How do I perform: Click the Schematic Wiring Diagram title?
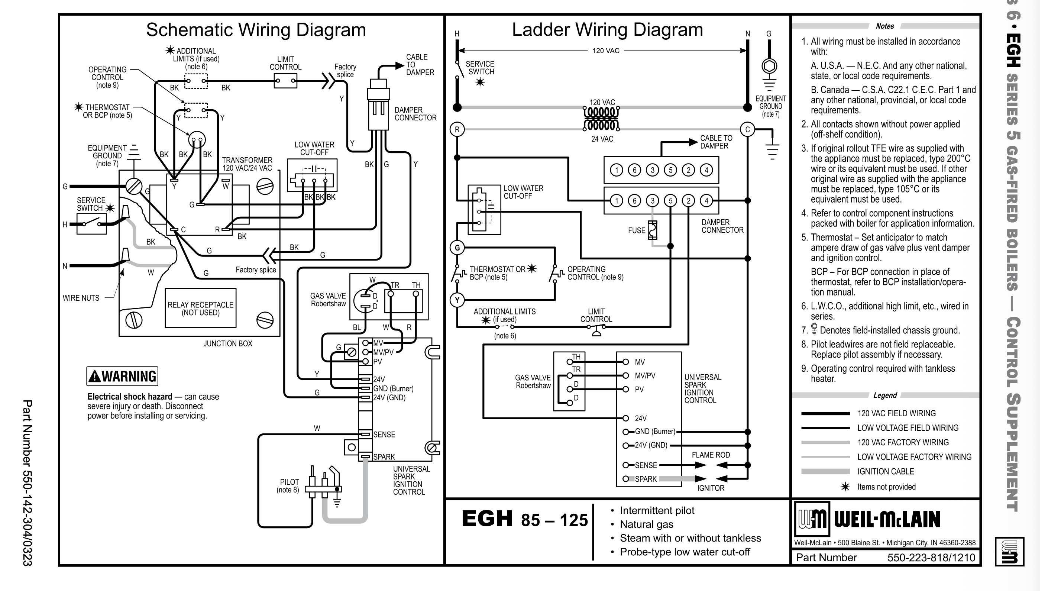pyautogui.click(x=256, y=30)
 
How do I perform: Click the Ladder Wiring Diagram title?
pyautogui.click(x=607, y=30)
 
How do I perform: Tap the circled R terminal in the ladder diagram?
pyautogui.click(x=457, y=129)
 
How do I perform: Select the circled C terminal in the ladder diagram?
pyautogui.click(x=747, y=129)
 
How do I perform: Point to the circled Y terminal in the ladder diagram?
pyautogui.click(x=457, y=300)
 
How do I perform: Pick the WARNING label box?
pyautogui.click(x=122, y=376)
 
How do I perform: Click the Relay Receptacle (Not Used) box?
pyautogui.click(x=201, y=308)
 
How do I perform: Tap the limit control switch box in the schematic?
pyautogui.click(x=285, y=81)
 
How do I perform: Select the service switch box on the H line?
pyautogui.click(x=91, y=224)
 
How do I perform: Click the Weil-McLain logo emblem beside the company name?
pyautogui.click(x=812, y=519)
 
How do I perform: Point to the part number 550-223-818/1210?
pyautogui.click(x=931, y=558)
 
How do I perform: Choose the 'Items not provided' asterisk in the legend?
pyautogui.click(x=845, y=487)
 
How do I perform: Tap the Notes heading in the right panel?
pyautogui.click(x=885, y=26)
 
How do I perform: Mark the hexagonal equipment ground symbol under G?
pyautogui.click(x=769, y=66)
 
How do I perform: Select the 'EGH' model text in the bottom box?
pyautogui.click(x=487, y=519)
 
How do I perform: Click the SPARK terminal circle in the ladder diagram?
pyautogui.click(x=626, y=479)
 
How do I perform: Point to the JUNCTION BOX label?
pyautogui.click(x=228, y=343)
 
